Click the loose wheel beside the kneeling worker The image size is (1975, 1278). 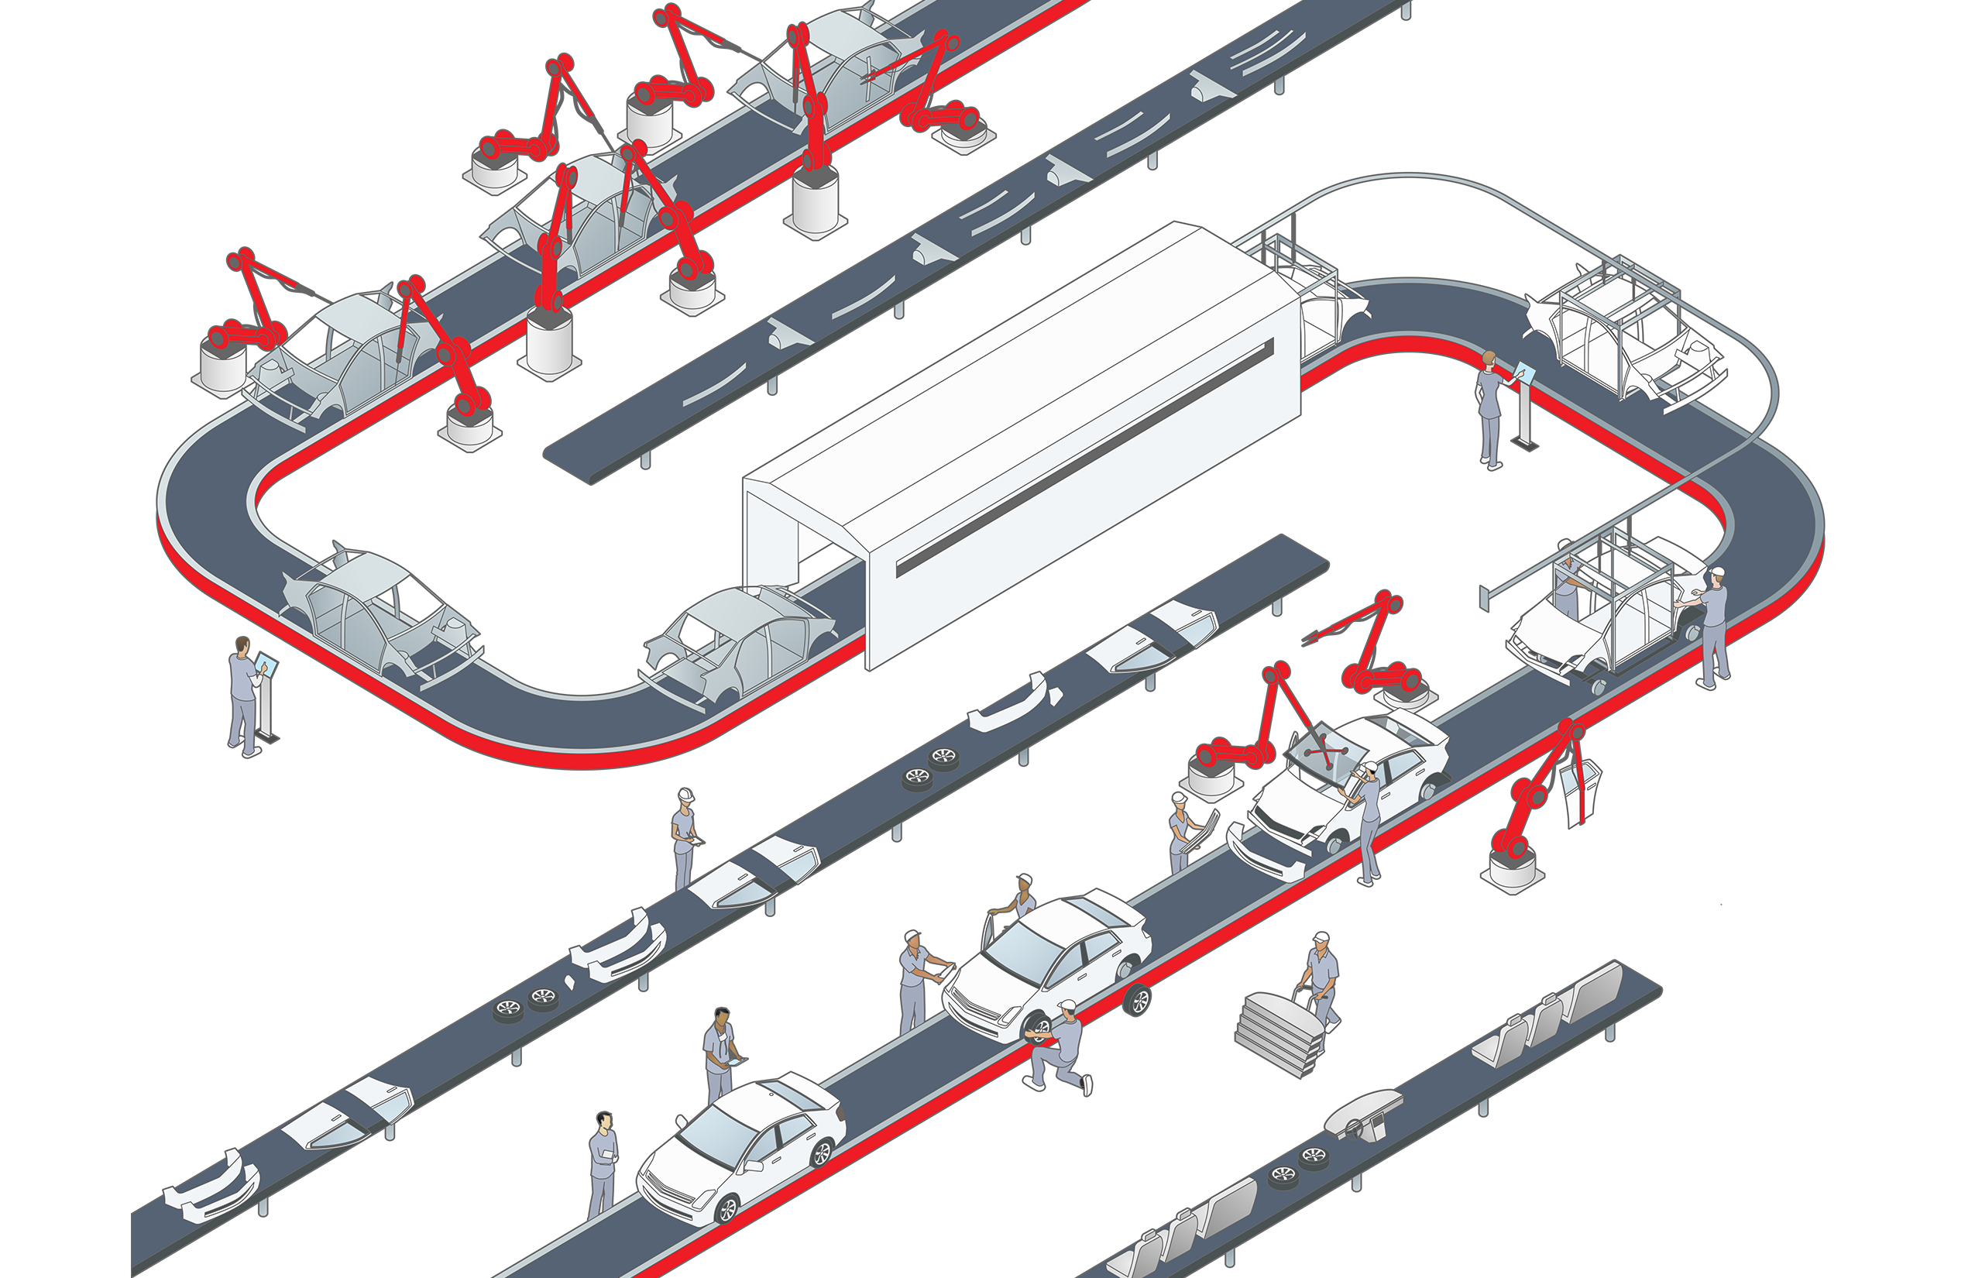click(1137, 1000)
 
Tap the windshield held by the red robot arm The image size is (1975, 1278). click(1326, 751)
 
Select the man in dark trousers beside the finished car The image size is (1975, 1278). click(603, 1166)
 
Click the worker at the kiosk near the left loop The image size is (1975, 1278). click(243, 697)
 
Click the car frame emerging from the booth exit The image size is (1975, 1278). click(1320, 299)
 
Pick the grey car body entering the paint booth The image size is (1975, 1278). click(739, 643)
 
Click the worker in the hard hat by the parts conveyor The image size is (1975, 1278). click(683, 838)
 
